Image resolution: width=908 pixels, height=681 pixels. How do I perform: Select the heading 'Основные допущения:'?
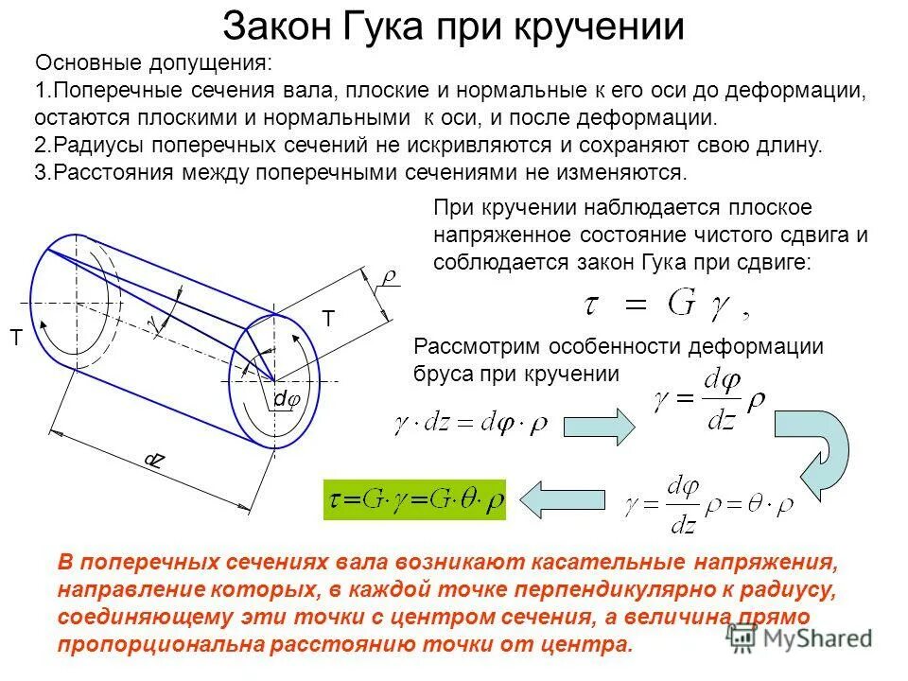pos(152,64)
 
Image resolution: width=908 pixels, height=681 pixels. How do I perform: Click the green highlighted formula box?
pos(415,499)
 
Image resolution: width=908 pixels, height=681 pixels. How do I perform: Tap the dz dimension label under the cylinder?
pos(153,461)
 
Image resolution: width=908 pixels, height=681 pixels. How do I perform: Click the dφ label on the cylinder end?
pos(287,400)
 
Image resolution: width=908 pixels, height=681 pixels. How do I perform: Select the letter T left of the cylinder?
pos(16,337)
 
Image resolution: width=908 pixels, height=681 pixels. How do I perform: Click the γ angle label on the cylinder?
pos(154,324)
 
